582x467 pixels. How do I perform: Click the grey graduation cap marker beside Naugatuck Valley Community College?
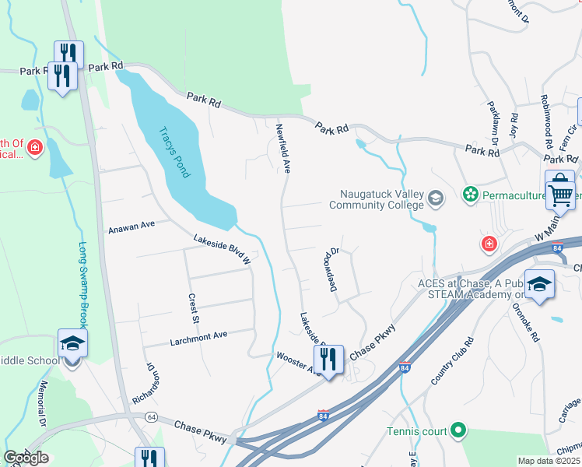436,200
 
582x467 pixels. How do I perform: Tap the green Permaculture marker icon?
469,192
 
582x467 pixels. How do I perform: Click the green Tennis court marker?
458,430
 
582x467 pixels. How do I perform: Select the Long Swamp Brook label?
83,283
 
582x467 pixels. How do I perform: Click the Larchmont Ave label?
198,335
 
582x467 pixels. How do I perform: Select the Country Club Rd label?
453,360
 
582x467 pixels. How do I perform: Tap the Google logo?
26,458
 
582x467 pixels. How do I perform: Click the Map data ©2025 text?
549,461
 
